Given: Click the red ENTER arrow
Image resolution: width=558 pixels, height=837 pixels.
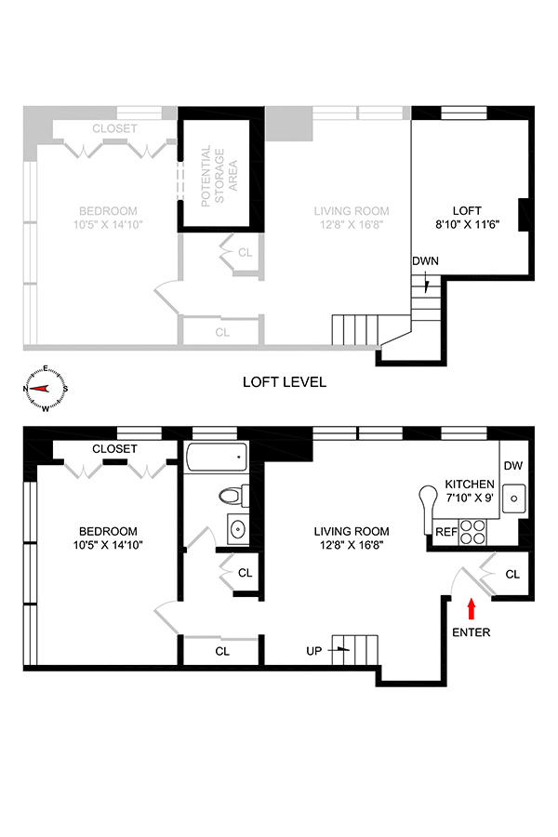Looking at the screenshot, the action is (471, 608).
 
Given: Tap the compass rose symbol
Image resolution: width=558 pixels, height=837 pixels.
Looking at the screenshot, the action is (46, 389).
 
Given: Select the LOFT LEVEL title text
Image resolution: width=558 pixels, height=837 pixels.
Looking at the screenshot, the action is (284, 382).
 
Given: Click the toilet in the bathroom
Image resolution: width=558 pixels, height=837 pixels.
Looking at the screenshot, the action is (233, 496).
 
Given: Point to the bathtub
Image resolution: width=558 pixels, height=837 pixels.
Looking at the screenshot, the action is (217, 457).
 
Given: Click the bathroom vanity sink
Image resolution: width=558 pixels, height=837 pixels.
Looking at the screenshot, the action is (238, 529).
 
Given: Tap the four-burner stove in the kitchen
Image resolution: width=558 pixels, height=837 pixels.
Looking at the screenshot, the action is (472, 532).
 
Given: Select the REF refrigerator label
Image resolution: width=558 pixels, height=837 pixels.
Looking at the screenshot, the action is (445, 532).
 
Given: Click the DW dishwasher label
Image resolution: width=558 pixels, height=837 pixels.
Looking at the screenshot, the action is (512, 466).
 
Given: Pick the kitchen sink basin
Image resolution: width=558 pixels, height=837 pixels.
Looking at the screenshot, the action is (513, 498).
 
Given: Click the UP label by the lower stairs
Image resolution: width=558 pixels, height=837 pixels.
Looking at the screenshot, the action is (314, 651).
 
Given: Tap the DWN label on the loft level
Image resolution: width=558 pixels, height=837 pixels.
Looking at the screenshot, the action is (425, 261).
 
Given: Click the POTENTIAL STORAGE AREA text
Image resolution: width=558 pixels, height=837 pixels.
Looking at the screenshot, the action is (219, 176).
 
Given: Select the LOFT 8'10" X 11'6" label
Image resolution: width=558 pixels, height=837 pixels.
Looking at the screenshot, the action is (467, 218).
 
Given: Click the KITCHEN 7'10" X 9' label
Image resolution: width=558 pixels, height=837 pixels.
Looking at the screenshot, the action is (470, 491).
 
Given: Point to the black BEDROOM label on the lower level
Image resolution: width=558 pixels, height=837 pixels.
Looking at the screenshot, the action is (108, 538).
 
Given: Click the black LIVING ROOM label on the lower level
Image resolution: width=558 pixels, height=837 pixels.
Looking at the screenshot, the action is (352, 538).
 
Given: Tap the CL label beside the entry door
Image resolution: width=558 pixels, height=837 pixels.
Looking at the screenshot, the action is (512, 575).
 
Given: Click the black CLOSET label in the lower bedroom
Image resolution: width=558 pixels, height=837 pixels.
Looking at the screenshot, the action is (114, 449).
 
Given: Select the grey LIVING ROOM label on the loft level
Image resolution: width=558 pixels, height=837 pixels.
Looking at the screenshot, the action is (352, 218).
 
